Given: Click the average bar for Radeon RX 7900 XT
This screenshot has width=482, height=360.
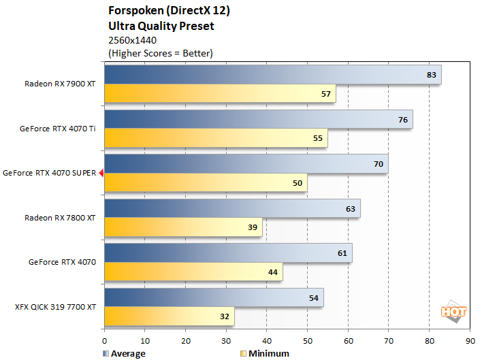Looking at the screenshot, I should tap(272, 75).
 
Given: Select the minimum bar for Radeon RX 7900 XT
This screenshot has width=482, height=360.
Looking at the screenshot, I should tap(220, 93).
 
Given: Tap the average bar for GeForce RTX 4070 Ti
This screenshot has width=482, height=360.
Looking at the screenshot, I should tap(259, 120).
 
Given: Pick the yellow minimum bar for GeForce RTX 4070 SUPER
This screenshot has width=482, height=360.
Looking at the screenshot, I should tap(206, 182).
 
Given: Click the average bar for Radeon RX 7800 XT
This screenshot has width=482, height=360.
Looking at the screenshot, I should tap(232, 209).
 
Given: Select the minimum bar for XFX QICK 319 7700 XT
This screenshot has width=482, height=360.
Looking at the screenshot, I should tap(169, 316).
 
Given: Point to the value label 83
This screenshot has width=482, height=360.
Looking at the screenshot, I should tap(431, 75).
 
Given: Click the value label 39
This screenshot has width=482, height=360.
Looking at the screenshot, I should tap(253, 227).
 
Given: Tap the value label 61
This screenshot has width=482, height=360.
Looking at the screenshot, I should tap(342, 253).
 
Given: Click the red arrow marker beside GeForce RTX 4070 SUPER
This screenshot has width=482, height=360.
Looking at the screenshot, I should tap(101, 174).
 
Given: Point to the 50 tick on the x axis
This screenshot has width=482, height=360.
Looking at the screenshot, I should tap(307, 340).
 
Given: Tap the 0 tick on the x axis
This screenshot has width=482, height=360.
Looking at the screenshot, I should tap(104, 340).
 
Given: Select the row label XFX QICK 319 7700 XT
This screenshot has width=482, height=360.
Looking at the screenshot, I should tap(55, 307).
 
